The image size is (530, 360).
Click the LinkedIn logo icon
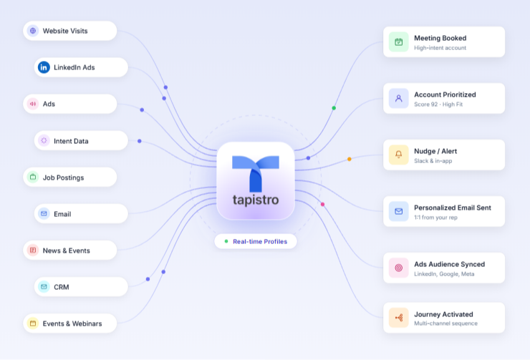[44, 67]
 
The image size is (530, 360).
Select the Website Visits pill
[70, 31]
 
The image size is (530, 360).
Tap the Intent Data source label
[71, 141]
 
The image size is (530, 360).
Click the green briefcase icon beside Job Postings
[33, 177]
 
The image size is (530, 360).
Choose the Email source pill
[81, 213]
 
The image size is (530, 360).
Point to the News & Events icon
[33, 250]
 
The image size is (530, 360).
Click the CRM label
[62, 287]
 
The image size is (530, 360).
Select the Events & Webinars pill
[70, 323]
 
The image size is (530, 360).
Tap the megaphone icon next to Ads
[33, 104]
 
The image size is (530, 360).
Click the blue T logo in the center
[256, 173]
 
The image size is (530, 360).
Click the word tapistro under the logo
[256, 200]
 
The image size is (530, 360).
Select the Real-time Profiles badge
[256, 241]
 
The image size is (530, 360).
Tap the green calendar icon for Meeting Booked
[399, 42]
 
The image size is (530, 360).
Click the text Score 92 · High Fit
[438, 104]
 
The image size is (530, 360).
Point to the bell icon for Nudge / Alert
[399, 155]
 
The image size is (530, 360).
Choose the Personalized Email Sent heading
[453, 208]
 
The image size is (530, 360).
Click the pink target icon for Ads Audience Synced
[399, 268]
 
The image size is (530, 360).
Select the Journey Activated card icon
[399, 318]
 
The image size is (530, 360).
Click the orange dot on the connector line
[350, 159]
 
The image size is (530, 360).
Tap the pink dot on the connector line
[323, 204]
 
